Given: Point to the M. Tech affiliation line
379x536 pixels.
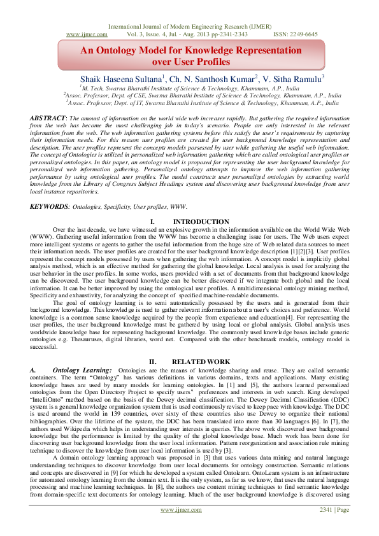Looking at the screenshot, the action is pyautogui.click(x=189, y=88).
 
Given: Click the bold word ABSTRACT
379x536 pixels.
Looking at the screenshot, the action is pyautogui.click(x=48, y=118).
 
